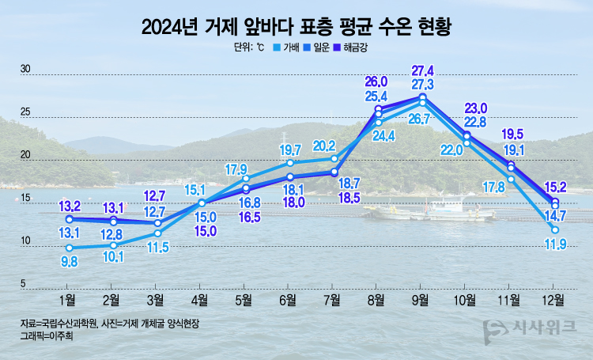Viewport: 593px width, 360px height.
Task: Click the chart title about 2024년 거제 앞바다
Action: tap(296, 27)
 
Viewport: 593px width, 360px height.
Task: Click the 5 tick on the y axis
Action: tap(23, 283)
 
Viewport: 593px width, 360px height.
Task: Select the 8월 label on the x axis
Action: tap(376, 300)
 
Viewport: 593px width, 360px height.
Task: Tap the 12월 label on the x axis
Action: tap(554, 300)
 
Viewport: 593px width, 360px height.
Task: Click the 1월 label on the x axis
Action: tap(68, 300)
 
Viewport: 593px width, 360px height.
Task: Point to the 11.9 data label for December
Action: tap(554, 244)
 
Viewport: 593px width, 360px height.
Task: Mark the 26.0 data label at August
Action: tap(376, 81)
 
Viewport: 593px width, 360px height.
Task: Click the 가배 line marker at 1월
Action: tap(69, 248)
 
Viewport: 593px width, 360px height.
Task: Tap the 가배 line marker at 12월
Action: tap(555, 229)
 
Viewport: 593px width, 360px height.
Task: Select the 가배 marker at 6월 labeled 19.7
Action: tap(289, 162)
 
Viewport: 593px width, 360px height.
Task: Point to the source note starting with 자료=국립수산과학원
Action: tap(111, 324)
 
